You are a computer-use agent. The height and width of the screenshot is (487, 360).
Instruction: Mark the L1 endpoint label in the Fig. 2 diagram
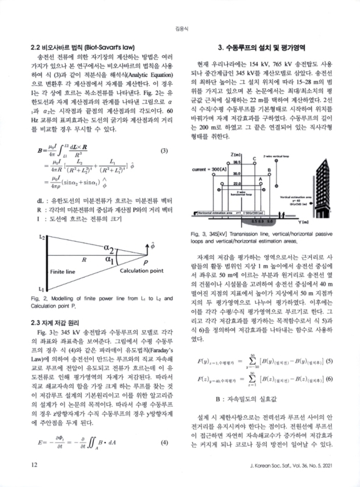(x=41, y=287)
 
